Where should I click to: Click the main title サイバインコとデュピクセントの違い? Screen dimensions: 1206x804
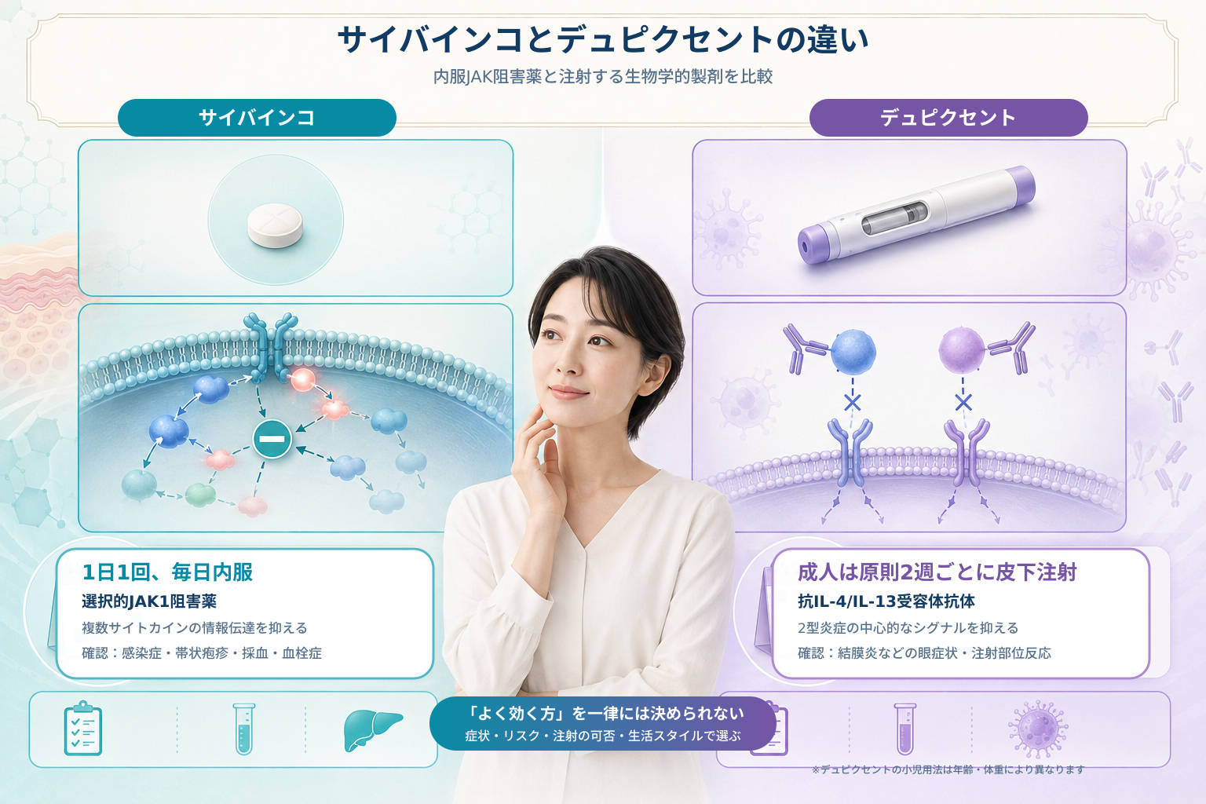(x=603, y=40)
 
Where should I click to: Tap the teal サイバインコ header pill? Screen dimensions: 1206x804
(x=257, y=118)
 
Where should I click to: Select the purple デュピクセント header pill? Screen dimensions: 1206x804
(x=948, y=118)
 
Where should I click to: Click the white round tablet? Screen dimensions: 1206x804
(x=275, y=225)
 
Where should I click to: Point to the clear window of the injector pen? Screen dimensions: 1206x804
(x=895, y=217)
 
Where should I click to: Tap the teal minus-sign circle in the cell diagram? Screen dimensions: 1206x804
(x=272, y=439)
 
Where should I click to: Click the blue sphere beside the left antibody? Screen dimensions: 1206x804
(x=853, y=352)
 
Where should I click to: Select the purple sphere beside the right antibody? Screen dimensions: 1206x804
(x=962, y=350)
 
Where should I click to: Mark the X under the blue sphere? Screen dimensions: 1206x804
(x=852, y=402)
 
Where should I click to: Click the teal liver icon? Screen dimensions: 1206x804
(x=372, y=729)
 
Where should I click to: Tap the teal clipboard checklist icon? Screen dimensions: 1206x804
(x=83, y=728)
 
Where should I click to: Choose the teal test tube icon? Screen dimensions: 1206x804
(x=244, y=729)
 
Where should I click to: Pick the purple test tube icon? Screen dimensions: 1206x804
(x=905, y=729)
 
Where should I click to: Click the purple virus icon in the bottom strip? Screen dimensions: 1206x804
(x=1038, y=729)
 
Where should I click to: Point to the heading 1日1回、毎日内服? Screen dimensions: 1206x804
(x=167, y=572)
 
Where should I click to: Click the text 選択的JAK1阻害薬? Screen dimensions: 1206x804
(x=149, y=601)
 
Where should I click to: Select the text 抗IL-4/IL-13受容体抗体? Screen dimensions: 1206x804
(x=886, y=601)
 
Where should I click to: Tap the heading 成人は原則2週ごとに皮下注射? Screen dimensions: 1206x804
(x=937, y=572)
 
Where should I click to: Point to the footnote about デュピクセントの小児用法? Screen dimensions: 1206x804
(x=948, y=769)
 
